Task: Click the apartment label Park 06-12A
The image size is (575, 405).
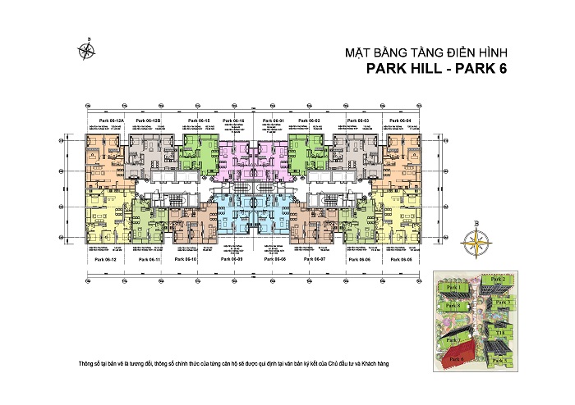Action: pyautogui.click(x=109, y=121)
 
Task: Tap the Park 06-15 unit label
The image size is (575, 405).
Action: pyautogui.click(x=197, y=121)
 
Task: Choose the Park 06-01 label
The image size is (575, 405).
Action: pyautogui.click(x=273, y=121)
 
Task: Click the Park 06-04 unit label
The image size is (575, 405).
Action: pyautogui.click(x=400, y=121)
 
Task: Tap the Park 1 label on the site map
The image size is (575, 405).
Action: pyautogui.click(x=453, y=289)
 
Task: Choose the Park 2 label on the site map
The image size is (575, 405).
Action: pyautogui.click(x=498, y=280)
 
